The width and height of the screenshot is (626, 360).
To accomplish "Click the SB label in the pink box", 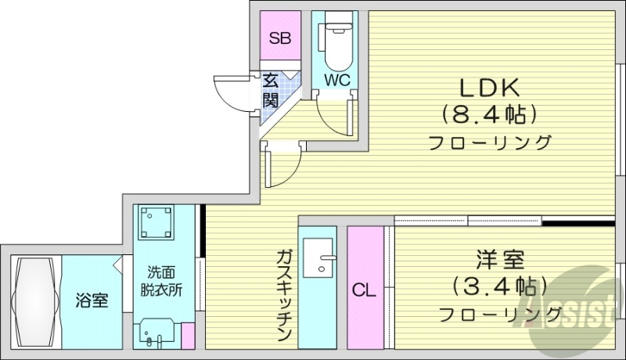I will [279, 38].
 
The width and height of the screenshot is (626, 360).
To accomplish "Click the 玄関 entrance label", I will [270, 90].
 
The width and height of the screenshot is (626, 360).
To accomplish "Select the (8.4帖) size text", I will [490, 114].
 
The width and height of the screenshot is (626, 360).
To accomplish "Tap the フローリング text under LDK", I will [490, 143].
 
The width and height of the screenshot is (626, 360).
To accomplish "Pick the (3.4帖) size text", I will [499, 286].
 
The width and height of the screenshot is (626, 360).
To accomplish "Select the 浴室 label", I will [92, 300].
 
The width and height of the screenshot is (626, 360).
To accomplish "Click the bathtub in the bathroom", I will [34, 301].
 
